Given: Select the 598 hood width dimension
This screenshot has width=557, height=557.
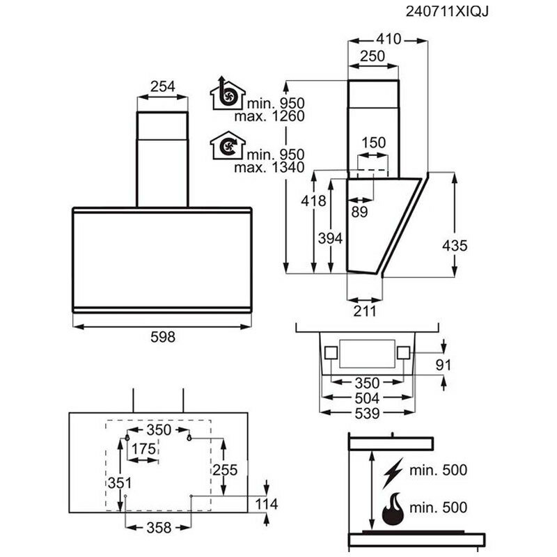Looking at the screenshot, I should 162,336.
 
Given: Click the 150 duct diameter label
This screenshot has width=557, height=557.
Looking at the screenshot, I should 374,142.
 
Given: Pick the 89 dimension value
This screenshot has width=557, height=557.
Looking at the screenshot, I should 359,213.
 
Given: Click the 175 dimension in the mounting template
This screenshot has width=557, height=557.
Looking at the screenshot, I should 144,449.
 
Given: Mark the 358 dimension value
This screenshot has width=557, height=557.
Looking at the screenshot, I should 158,528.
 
